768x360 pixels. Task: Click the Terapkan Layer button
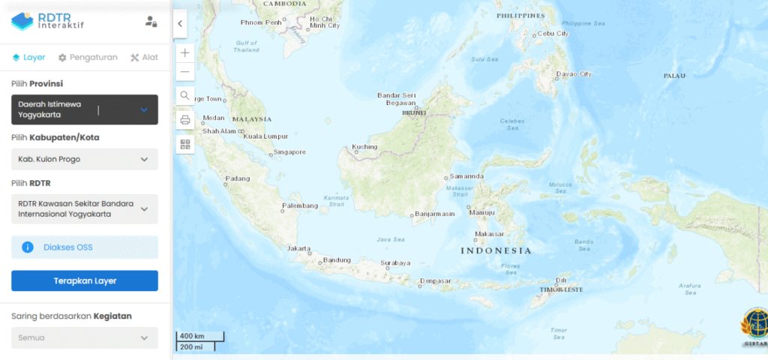coord(84,280)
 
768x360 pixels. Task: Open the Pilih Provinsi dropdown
coord(84,109)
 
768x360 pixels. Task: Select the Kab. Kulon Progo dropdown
coord(84,159)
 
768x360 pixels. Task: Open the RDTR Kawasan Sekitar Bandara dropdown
coord(84,208)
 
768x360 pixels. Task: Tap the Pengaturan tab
coord(88,57)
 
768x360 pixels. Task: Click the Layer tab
coord(28,57)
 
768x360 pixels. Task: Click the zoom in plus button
coord(185,52)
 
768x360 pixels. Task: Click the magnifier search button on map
coord(185,95)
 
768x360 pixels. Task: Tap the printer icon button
coord(185,120)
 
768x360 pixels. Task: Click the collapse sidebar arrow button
coord(180,24)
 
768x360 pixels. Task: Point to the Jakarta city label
coord(299,248)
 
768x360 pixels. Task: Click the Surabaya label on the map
coord(395,263)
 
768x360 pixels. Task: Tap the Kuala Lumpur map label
coord(265,136)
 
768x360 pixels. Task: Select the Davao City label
coord(574,74)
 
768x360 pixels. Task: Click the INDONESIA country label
coord(495,250)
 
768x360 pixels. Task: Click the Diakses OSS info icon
coord(28,247)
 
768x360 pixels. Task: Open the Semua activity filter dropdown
coord(84,337)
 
